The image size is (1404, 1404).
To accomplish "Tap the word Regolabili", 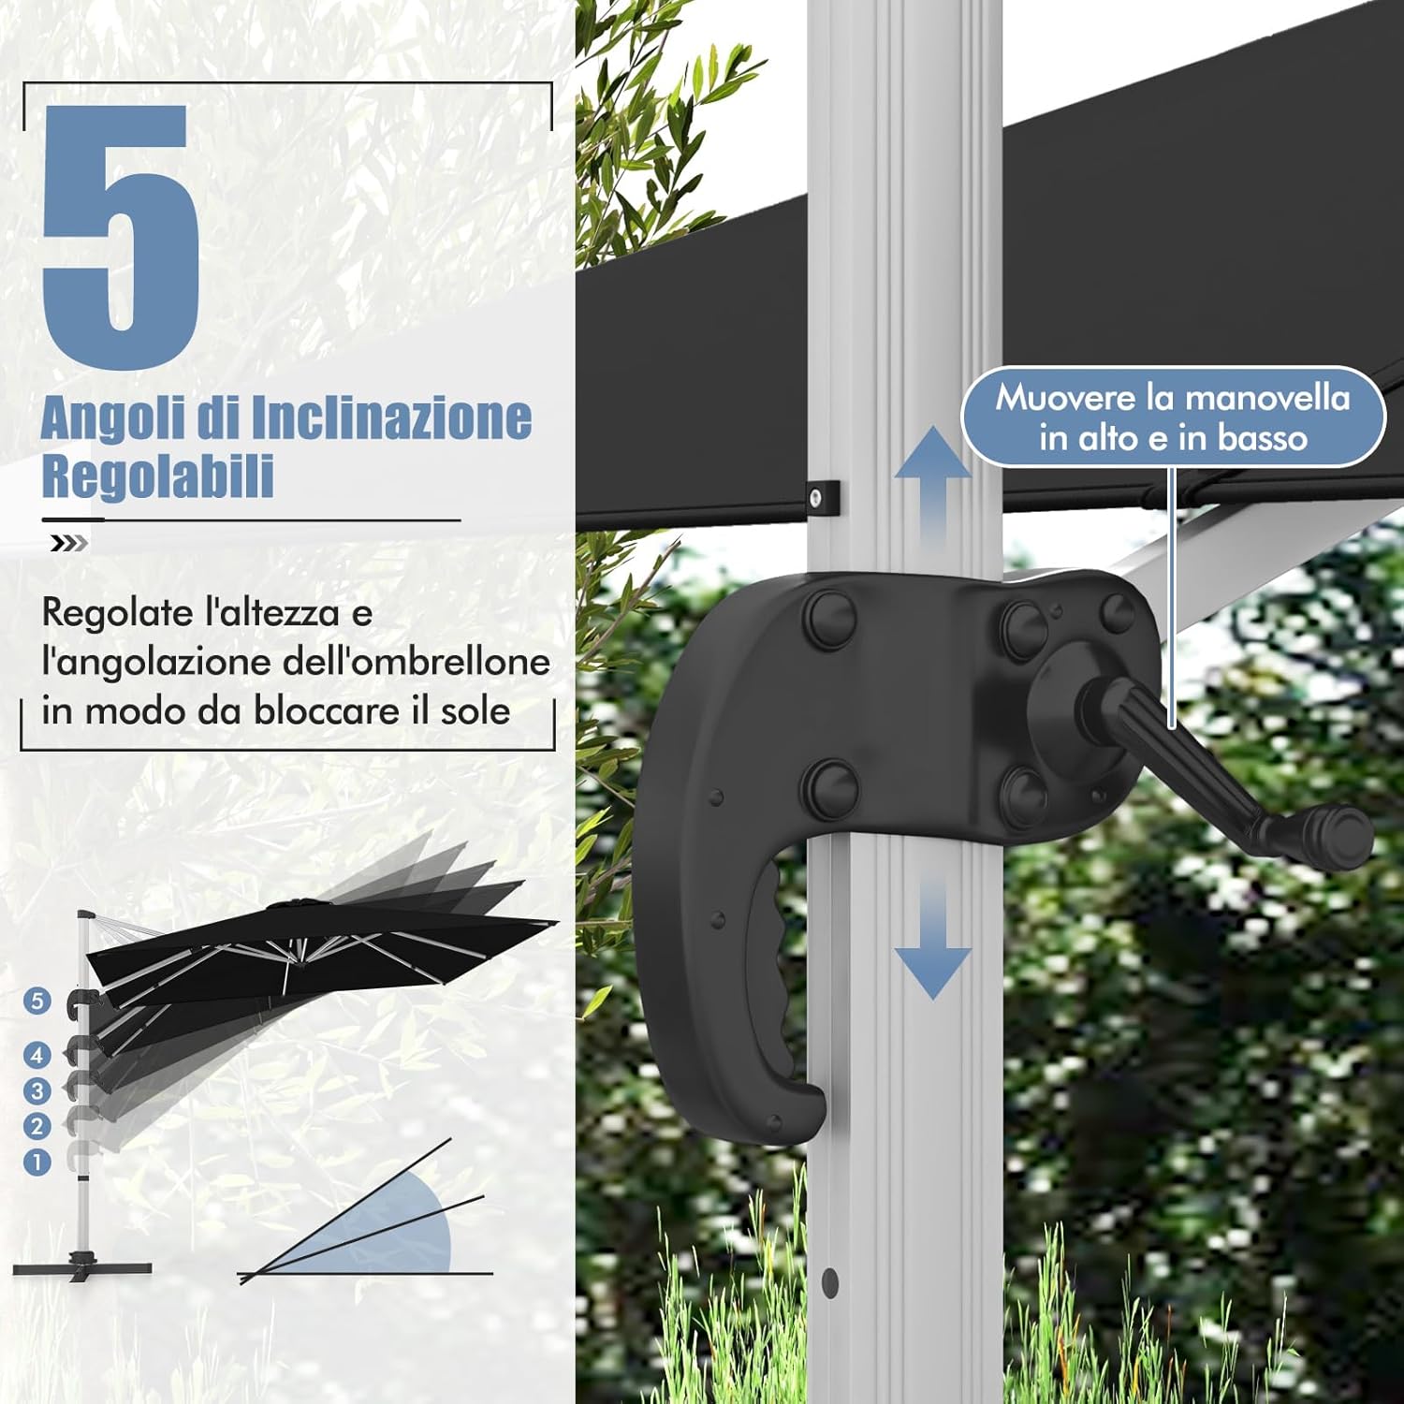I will coord(157,475).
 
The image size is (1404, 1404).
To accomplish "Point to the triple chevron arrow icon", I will coord(69,544).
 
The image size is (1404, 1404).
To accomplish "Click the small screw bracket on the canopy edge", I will coord(822,497).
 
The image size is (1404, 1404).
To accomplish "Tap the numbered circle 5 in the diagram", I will coord(37,1001).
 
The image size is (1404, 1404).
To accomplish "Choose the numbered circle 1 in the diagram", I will coord(37,1163).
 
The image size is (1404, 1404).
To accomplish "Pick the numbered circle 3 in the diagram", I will coord(37,1090).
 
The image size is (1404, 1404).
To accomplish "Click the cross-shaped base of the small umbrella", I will coord(82,1266).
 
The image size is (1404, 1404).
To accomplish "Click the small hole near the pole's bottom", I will coord(829,1281).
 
